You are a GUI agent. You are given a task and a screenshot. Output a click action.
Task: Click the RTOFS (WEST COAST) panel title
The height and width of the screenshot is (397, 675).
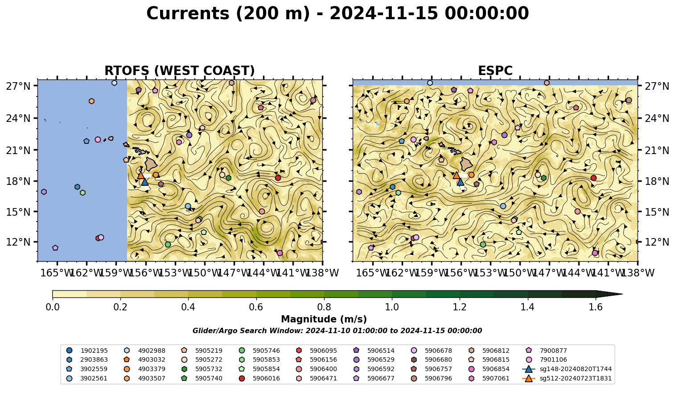pyautogui.click(x=180, y=71)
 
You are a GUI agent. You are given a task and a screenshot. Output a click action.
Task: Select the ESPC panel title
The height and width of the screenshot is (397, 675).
pyautogui.click(x=495, y=71)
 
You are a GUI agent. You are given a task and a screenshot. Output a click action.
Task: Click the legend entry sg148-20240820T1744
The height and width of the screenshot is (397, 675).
pyautogui.click(x=567, y=369)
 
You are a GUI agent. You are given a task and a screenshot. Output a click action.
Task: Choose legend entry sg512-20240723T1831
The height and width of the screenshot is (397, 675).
pyautogui.click(x=567, y=378)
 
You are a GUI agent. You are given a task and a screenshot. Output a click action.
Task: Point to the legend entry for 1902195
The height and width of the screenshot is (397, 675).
pyautogui.click(x=87, y=351)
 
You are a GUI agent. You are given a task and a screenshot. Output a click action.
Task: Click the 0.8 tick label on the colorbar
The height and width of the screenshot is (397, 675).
pyautogui.click(x=324, y=307)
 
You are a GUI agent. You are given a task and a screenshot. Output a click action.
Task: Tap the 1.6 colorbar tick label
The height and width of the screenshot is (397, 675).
pyautogui.click(x=596, y=307)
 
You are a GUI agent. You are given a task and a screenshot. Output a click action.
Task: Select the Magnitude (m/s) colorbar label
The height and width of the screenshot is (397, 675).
pyautogui.click(x=324, y=319)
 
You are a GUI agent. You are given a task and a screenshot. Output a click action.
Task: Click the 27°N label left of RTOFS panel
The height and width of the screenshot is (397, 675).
pyautogui.click(x=18, y=86)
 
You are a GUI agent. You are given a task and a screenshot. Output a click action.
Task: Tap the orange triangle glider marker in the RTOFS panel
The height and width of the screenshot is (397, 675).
pyautogui.click(x=141, y=175)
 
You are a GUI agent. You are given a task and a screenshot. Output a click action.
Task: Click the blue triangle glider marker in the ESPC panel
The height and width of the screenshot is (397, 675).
pyautogui.click(x=460, y=182)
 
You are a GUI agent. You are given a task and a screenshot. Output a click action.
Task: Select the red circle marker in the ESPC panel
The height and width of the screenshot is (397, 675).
pyautogui.click(x=593, y=178)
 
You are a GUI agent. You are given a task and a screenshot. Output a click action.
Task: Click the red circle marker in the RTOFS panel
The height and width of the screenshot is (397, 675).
pyautogui.click(x=278, y=178)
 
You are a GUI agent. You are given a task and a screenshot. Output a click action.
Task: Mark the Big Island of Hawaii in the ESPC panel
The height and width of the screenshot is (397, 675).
pyautogui.click(x=466, y=164)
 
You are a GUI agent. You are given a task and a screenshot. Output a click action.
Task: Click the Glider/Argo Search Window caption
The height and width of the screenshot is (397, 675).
pyautogui.click(x=337, y=330)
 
